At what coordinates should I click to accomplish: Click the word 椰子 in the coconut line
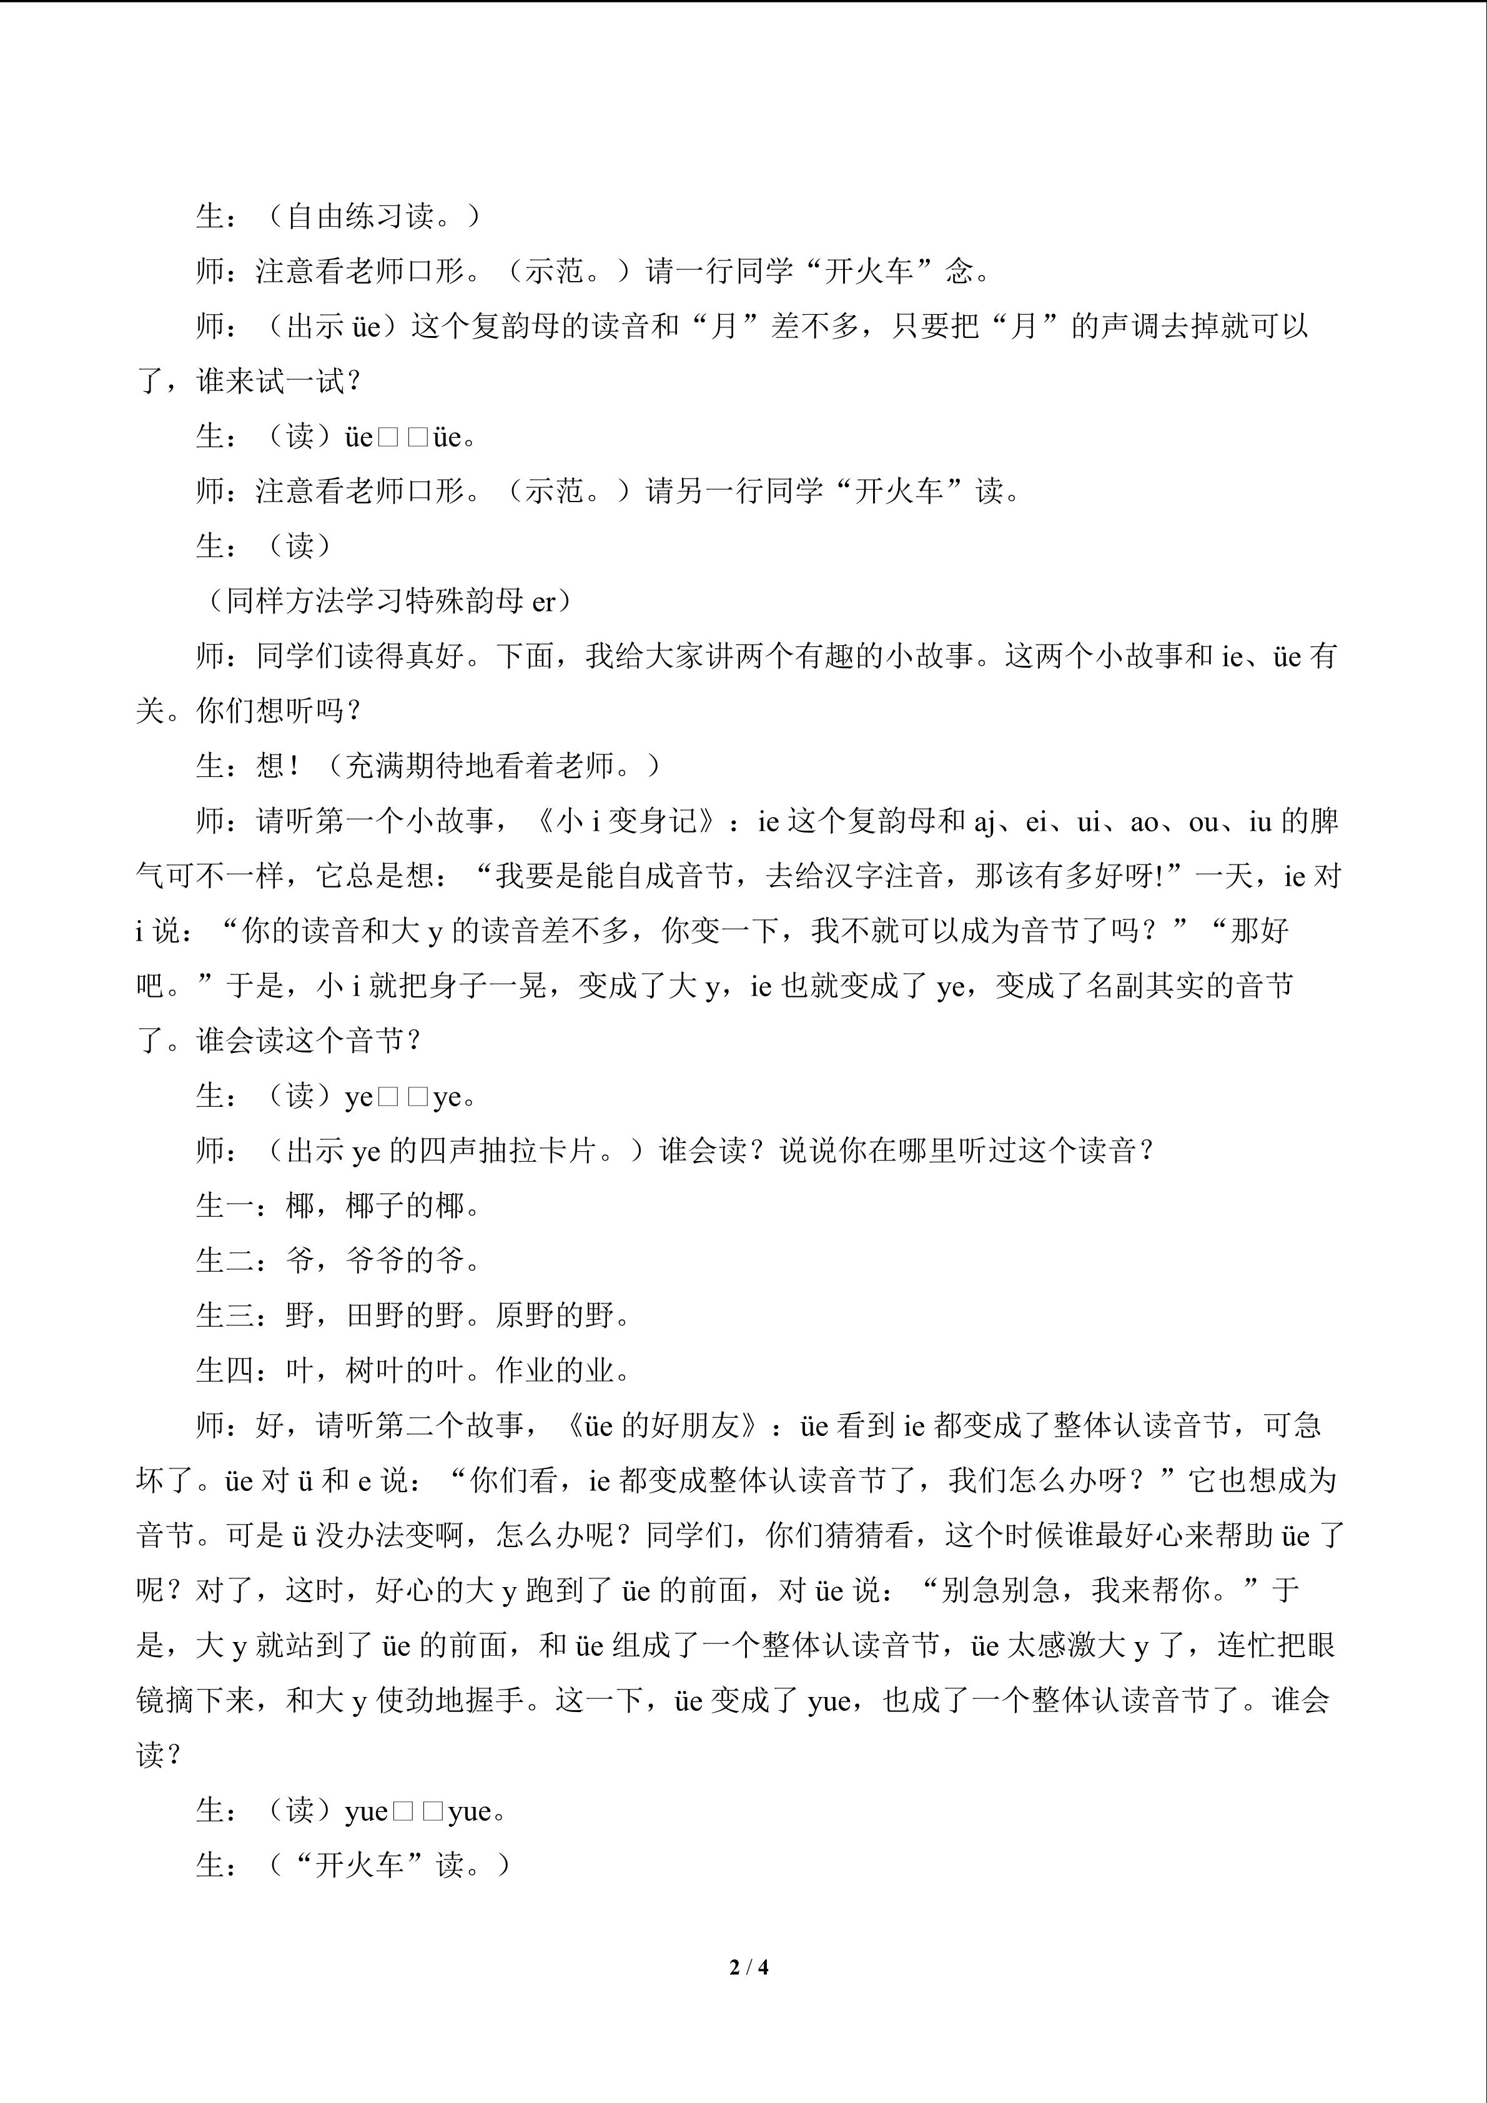375,1206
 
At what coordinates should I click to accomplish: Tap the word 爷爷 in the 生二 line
375,1261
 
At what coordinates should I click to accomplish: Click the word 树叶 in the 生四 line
375,1371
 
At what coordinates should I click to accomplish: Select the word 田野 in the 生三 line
375,1316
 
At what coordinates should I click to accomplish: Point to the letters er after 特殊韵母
543,601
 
